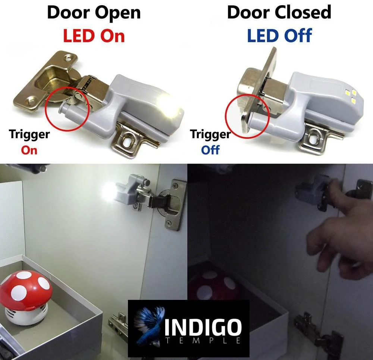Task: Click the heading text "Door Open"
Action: pyautogui.click(x=94, y=13)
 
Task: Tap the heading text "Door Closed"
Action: pyautogui.click(x=279, y=12)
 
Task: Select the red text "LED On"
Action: pyautogui.click(x=94, y=36)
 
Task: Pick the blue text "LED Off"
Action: pyautogui.click(x=279, y=35)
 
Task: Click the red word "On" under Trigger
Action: pyautogui.click(x=29, y=150)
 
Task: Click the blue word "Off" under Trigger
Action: pyautogui.click(x=210, y=150)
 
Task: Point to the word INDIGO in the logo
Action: pyautogui.click(x=203, y=328)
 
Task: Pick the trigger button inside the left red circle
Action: pyautogui.click(x=64, y=108)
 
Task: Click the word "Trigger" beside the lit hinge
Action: pyautogui.click(x=29, y=134)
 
